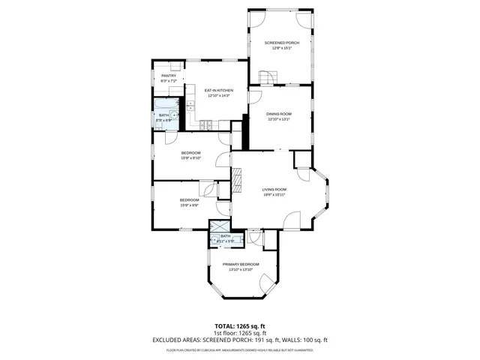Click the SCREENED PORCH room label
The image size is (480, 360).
coord(281,43)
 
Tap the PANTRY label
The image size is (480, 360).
coord(169,76)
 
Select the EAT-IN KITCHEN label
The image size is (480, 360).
coord(219,90)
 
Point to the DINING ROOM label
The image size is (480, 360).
coord(280,114)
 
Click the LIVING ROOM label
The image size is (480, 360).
coord(274,189)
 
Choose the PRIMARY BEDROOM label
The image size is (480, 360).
coord(241,264)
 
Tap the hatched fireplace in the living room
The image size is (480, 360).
coord(237,180)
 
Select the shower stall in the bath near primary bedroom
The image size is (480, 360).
coord(219,227)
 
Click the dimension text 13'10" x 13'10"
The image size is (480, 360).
coord(241,270)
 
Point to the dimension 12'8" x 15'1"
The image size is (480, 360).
coord(281,49)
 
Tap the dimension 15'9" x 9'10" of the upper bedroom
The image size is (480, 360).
coord(190,157)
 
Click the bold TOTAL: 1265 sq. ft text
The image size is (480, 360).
coord(240,326)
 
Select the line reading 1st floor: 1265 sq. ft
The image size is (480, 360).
coord(240,333)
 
